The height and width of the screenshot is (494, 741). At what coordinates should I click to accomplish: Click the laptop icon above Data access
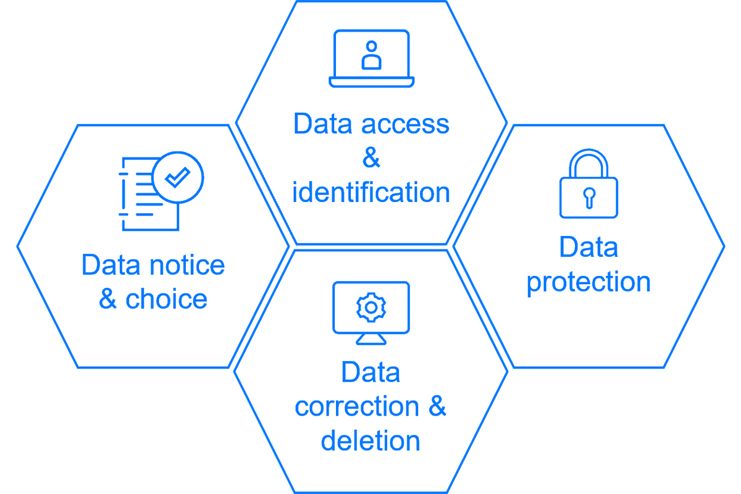tap(371, 59)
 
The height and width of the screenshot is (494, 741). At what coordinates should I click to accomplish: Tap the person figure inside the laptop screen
tap(371, 55)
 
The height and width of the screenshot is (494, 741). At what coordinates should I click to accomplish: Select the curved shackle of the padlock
tap(588, 162)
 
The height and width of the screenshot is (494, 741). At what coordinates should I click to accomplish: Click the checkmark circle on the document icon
tap(178, 177)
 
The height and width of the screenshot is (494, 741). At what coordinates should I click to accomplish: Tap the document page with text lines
tap(146, 198)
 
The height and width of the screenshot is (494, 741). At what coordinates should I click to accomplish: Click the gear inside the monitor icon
tap(371, 307)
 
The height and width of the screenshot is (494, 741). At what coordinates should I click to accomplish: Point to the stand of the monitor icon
tap(371, 339)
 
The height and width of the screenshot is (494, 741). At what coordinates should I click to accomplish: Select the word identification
tap(371, 192)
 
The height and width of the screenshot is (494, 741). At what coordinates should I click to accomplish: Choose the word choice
tap(166, 299)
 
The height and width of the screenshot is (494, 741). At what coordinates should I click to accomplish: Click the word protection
tap(588, 282)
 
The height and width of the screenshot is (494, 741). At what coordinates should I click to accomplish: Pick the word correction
tap(357, 407)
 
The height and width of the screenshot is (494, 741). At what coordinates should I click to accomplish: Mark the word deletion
tap(371, 441)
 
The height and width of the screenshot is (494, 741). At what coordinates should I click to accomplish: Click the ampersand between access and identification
tap(371, 158)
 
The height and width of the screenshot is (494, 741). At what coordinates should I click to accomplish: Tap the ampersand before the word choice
tap(108, 299)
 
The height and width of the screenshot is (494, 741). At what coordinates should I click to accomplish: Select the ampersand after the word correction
tap(437, 407)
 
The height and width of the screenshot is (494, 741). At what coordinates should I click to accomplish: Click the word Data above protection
tap(588, 248)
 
